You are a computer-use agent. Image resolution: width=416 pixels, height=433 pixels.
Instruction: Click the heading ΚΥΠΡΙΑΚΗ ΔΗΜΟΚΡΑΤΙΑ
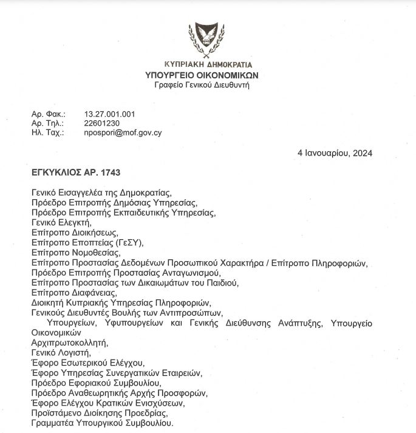[x=208, y=64]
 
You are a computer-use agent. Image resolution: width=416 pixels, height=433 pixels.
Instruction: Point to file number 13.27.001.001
[x=109, y=114]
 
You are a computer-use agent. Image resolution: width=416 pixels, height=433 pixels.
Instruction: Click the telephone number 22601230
[x=98, y=123]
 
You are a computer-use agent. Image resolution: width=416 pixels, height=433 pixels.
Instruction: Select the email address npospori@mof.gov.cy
[x=123, y=132]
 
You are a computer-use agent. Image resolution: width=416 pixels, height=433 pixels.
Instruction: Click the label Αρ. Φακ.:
[x=47, y=114]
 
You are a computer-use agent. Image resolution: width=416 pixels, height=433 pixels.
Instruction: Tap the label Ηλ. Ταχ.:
[x=47, y=132]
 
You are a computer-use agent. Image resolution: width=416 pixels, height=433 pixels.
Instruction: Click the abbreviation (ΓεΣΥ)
[x=129, y=242]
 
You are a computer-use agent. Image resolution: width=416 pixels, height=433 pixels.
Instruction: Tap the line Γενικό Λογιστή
[x=61, y=352]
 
